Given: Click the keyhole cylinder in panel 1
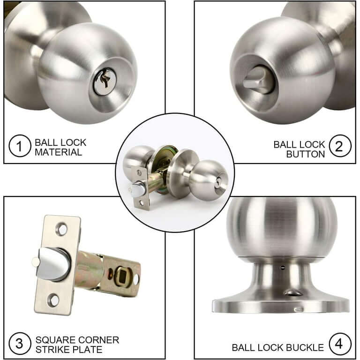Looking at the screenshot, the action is pos(105,81).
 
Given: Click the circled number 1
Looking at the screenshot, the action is pos(20,146).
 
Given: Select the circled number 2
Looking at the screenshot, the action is pos(340,146).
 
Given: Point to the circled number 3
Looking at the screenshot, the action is pos(20,344).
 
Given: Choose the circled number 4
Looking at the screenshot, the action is pos(340,344).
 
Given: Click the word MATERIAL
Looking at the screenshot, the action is pos(58,152).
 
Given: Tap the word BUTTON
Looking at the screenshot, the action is pos(306,154).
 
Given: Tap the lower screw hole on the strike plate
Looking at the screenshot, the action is pos(53,300).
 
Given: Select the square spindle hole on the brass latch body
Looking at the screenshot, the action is pos(122,276).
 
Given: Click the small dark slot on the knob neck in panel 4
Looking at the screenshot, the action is pos(283,268).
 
